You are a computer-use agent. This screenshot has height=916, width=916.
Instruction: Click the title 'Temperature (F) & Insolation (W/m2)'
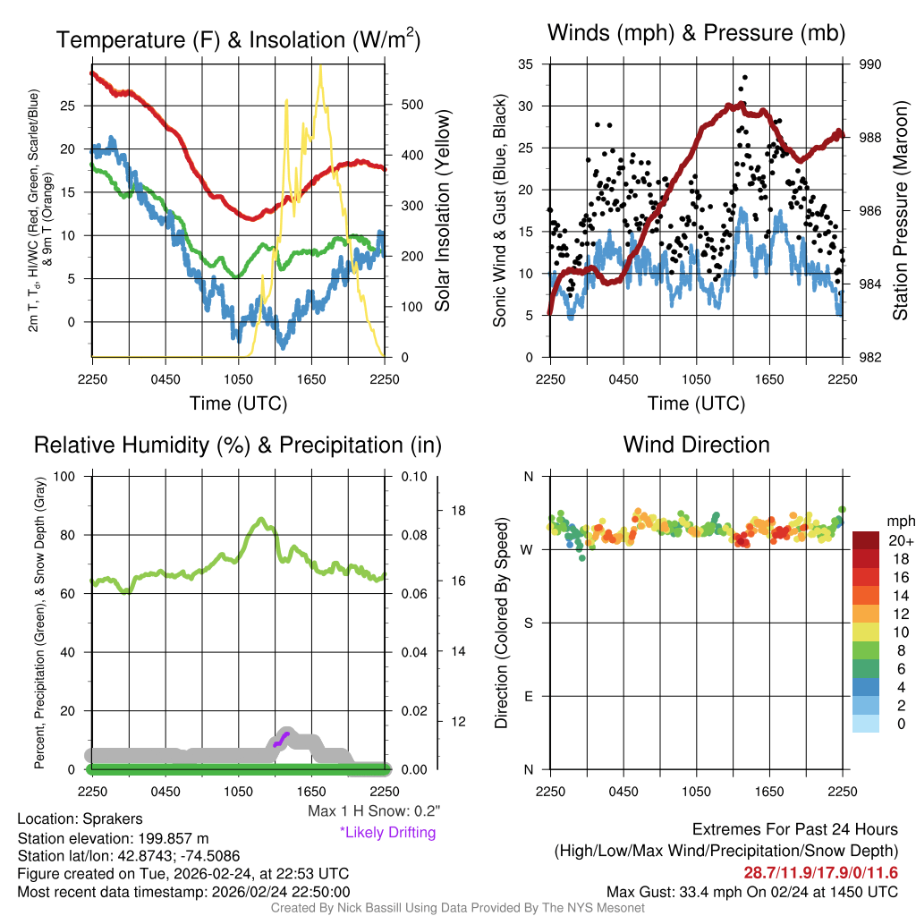point(238,40)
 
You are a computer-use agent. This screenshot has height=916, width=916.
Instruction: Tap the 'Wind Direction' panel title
point(696,445)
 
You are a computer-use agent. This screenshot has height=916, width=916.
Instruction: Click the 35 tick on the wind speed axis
point(526,64)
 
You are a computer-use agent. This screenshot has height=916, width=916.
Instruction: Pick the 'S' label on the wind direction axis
point(528,623)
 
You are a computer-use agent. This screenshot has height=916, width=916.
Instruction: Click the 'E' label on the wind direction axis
point(528,696)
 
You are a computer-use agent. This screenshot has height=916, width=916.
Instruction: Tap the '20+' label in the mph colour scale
point(899,541)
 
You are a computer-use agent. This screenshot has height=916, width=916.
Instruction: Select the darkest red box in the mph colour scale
point(866,540)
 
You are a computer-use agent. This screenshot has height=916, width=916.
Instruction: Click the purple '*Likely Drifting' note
point(387,832)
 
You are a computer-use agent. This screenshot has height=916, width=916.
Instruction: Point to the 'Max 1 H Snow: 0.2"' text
point(374,811)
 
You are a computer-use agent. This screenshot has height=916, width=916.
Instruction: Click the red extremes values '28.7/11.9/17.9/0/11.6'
point(820,872)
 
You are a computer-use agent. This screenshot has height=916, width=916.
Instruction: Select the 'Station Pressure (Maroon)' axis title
point(901,210)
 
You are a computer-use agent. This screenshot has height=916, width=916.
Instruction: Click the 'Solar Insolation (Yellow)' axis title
point(442,211)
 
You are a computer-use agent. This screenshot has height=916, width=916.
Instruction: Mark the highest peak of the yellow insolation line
point(320,68)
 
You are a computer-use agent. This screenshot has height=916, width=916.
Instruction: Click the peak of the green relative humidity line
point(261,519)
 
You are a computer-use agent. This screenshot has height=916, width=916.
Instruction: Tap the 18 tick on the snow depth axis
point(458,511)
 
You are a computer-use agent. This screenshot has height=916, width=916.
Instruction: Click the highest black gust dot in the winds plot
point(744,78)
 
